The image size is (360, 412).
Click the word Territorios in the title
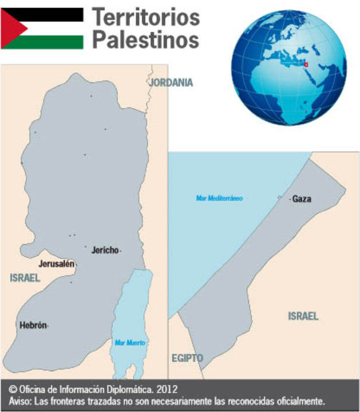coord(146,17)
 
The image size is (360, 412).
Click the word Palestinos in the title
coord(146,40)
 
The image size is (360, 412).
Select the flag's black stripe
coord(52,14)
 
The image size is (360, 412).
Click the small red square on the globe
coord(306,65)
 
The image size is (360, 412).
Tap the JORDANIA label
coord(171,82)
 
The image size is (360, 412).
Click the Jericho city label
coord(105,250)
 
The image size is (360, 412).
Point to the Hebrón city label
coord(33,325)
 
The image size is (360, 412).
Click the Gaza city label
coord(302,199)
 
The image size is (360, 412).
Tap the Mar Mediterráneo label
coord(219,198)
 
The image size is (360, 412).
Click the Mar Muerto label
coord(130,343)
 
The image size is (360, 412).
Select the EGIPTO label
coord(187,358)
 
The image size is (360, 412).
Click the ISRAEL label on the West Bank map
coord(25,278)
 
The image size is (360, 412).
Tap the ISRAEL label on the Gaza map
coord(303,316)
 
